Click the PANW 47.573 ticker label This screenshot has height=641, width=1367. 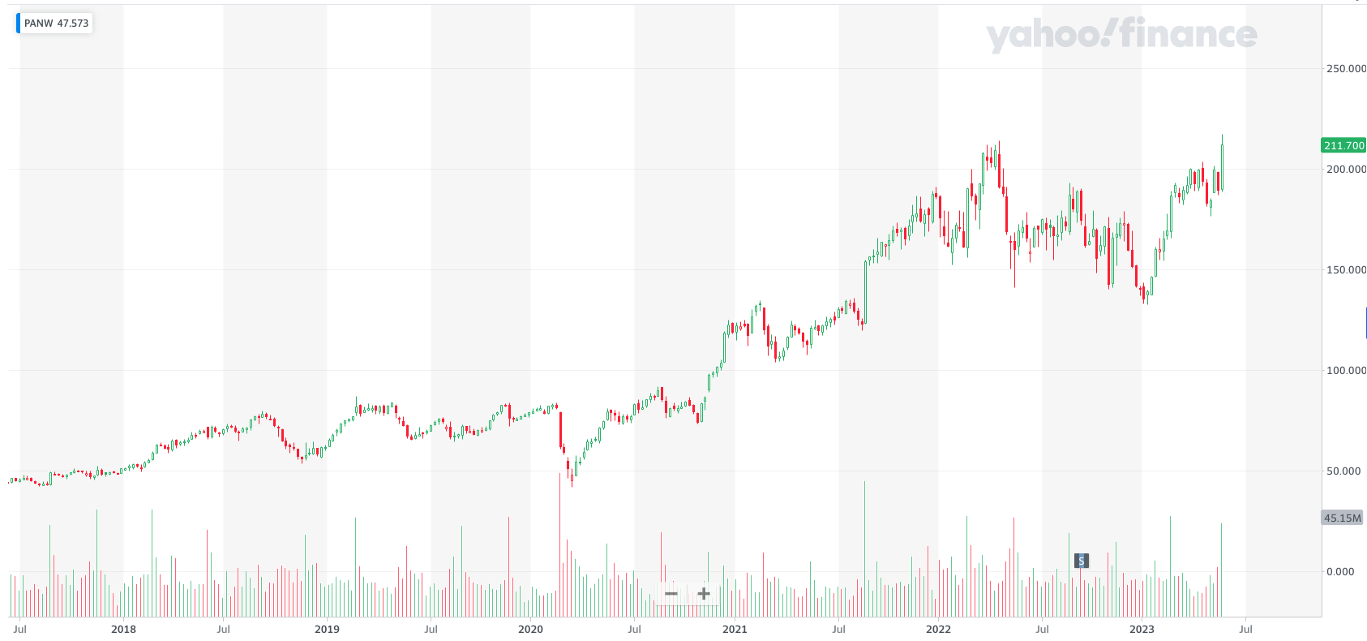coord(55,23)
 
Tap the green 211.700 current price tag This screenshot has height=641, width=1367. coord(1343,145)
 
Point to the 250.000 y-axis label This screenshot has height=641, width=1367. coord(1345,68)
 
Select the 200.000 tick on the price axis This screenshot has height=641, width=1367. coord(1345,169)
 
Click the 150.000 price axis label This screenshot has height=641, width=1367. coord(1345,269)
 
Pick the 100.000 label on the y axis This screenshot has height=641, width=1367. coord(1345,370)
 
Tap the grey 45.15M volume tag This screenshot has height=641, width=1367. coord(1342,518)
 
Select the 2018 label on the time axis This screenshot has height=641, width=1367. coord(123,629)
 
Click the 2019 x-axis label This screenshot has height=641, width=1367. coord(327,629)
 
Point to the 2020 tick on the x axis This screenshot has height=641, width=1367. coord(530,629)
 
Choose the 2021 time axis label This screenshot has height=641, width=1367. coord(735,629)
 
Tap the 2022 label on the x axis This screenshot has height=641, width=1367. coord(938,629)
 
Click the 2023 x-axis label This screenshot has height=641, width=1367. coord(1142,629)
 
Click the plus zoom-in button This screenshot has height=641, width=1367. coord(704,594)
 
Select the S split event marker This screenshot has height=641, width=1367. coord(1081,561)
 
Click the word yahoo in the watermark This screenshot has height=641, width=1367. coord(1046,35)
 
